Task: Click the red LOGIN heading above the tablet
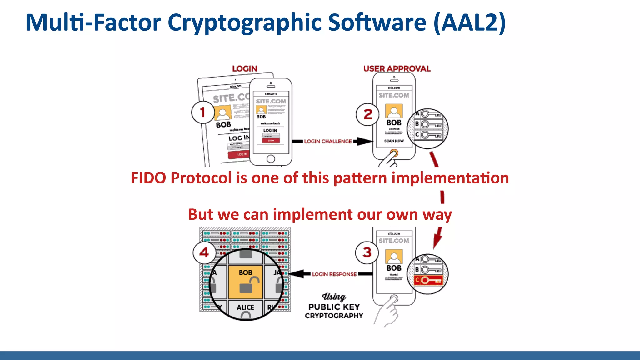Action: click(x=245, y=68)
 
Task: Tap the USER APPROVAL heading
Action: click(x=397, y=68)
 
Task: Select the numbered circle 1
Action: click(x=203, y=112)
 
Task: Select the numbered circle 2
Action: click(x=367, y=114)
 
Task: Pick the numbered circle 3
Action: click(x=367, y=252)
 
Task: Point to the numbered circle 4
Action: click(x=204, y=252)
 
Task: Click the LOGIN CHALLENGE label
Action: click(x=328, y=141)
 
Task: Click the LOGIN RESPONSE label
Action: click(x=334, y=274)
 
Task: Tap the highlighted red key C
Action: click(x=428, y=280)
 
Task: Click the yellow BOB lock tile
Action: click(x=246, y=282)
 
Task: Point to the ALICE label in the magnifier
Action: click(x=245, y=307)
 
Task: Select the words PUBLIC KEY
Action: click(x=334, y=307)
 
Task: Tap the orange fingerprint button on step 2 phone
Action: click(x=394, y=153)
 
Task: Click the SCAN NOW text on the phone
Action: click(x=394, y=141)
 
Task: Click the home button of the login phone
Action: click(x=271, y=159)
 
